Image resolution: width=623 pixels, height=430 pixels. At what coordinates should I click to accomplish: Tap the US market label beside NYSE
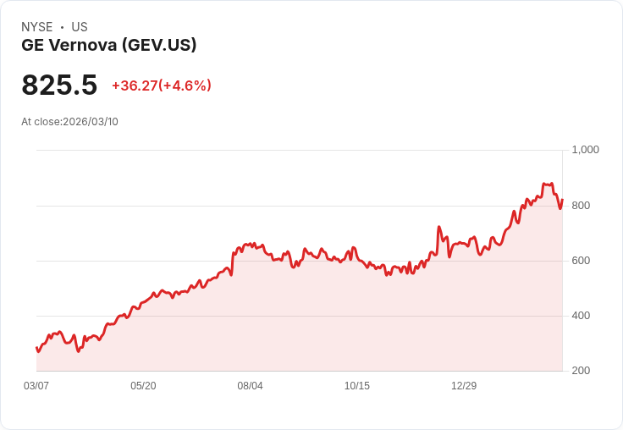(80, 27)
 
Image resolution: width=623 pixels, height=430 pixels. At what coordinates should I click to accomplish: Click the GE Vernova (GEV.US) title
(109, 45)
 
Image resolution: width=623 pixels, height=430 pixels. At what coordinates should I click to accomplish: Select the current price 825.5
(59, 85)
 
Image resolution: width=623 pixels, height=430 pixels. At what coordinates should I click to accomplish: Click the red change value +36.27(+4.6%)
(162, 85)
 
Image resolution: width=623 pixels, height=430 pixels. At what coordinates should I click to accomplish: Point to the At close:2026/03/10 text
(70, 122)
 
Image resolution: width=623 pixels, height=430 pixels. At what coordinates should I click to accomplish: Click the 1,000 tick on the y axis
(585, 150)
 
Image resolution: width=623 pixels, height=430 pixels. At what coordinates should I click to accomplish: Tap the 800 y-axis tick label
(581, 206)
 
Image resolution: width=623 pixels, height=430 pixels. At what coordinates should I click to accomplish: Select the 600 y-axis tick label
(581, 261)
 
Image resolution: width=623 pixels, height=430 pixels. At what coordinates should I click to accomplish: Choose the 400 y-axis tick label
(581, 316)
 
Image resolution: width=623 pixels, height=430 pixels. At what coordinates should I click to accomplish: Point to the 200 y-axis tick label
(581, 371)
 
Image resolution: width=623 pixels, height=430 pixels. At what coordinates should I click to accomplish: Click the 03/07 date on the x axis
(36, 386)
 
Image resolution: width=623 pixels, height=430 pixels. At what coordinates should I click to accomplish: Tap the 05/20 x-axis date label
(143, 386)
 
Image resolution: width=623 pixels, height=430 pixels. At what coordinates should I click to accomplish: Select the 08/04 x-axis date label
(250, 386)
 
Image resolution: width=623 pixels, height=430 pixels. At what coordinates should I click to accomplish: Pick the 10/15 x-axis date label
(357, 386)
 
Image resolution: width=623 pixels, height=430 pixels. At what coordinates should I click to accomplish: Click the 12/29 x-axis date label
(464, 386)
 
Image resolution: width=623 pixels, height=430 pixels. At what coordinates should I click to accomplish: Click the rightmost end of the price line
(562, 200)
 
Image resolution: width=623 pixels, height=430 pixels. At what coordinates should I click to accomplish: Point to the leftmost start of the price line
(36, 348)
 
